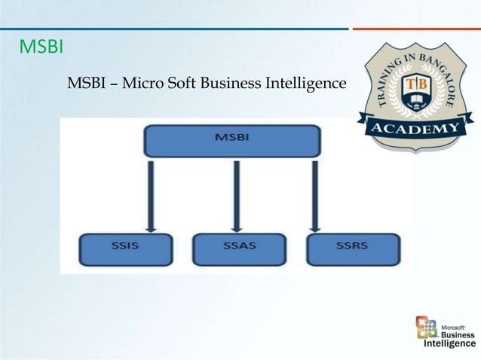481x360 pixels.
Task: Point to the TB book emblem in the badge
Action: (x=416, y=89)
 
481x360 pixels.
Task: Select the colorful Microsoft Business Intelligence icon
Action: (x=427, y=327)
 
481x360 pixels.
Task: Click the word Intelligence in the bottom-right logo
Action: (x=449, y=344)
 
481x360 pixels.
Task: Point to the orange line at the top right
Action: (x=416, y=29)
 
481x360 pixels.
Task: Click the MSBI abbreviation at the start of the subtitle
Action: (x=86, y=81)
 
